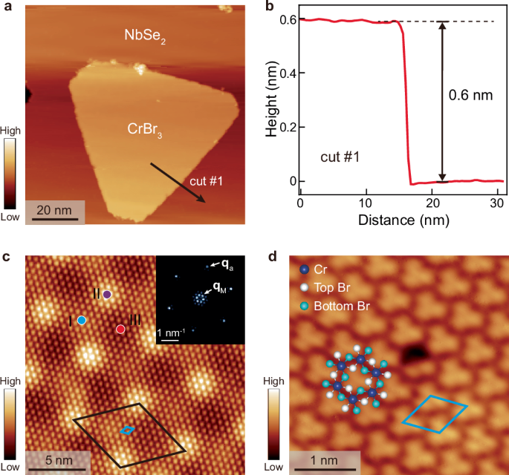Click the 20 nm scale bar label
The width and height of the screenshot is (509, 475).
point(54,210)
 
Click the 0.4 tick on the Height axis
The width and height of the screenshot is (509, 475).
point(284,74)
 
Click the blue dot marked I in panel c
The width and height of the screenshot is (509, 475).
point(82,320)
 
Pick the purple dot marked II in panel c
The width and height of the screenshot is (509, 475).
point(107,295)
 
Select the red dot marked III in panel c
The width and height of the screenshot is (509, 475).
point(120,329)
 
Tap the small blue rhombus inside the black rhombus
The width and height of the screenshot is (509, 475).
point(128,430)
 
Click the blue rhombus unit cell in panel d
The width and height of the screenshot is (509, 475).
point(435,414)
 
